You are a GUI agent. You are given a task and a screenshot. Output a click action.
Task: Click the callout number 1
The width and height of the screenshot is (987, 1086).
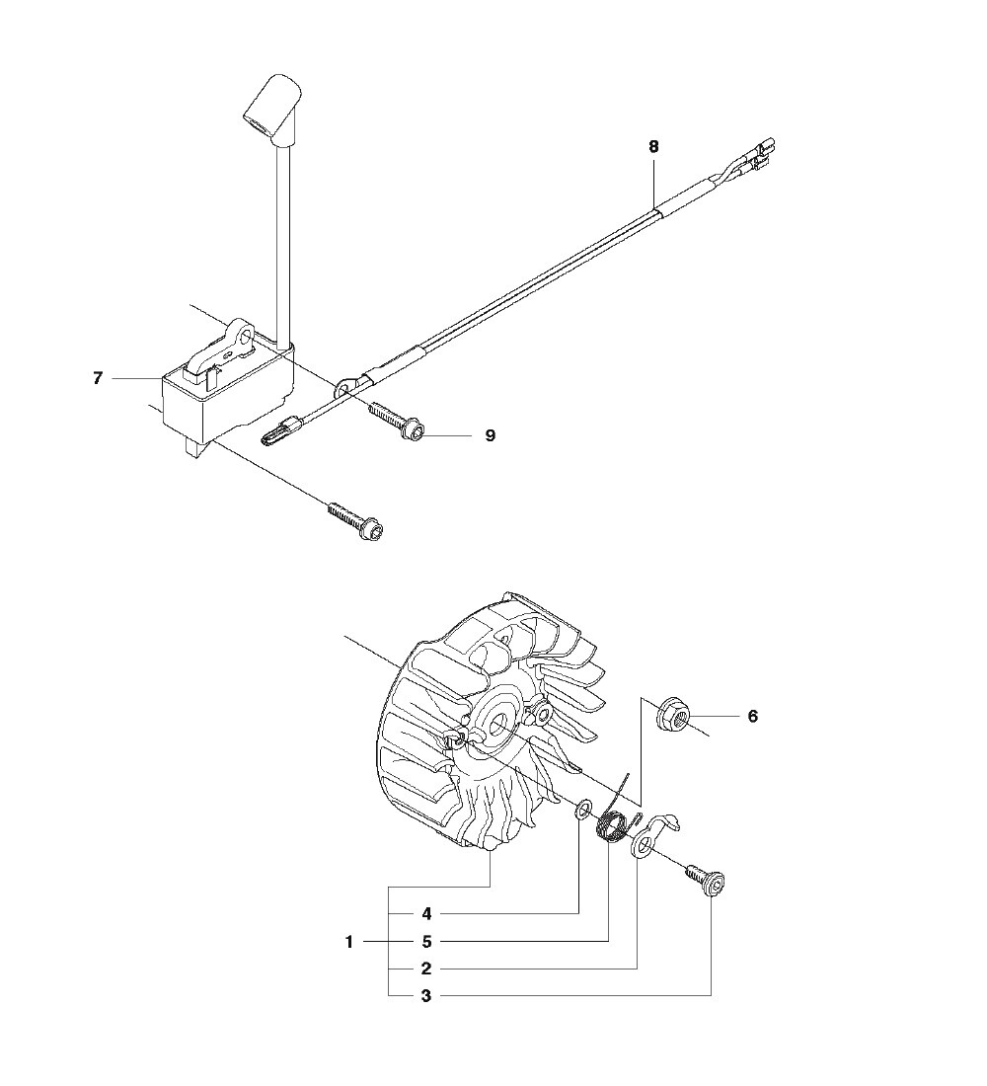click(x=349, y=942)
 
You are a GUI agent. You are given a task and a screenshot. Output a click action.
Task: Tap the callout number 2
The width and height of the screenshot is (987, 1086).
click(x=425, y=969)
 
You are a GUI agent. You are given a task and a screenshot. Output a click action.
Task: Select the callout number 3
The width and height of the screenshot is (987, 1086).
click(x=425, y=996)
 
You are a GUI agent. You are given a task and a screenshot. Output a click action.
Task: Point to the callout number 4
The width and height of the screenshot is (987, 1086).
click(x=425, y=914)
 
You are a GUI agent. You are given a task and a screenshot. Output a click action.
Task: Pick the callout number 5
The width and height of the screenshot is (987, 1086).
click(x=425, y=942)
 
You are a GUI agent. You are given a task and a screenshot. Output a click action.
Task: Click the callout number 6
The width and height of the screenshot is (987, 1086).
click(x=752, y=716)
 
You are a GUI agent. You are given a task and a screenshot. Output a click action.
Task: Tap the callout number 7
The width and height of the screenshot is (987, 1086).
click(x=98, y=378)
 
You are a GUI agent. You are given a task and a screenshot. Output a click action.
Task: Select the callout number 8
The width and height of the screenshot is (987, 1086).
click(x=653, y=146)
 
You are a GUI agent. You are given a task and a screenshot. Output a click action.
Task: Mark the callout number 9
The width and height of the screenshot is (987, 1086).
click(x=490, y=434)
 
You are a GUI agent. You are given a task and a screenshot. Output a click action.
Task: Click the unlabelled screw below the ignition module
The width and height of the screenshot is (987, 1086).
click(x=355, y=520)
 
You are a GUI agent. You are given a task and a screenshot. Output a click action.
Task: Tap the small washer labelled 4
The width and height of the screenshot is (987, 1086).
click(x=583, y=812)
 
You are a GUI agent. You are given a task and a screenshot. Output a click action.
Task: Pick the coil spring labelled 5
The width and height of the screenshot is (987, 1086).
click(x=616, y=823)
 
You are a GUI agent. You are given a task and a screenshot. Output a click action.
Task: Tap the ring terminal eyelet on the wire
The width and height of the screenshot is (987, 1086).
click(x=345, y=389)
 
